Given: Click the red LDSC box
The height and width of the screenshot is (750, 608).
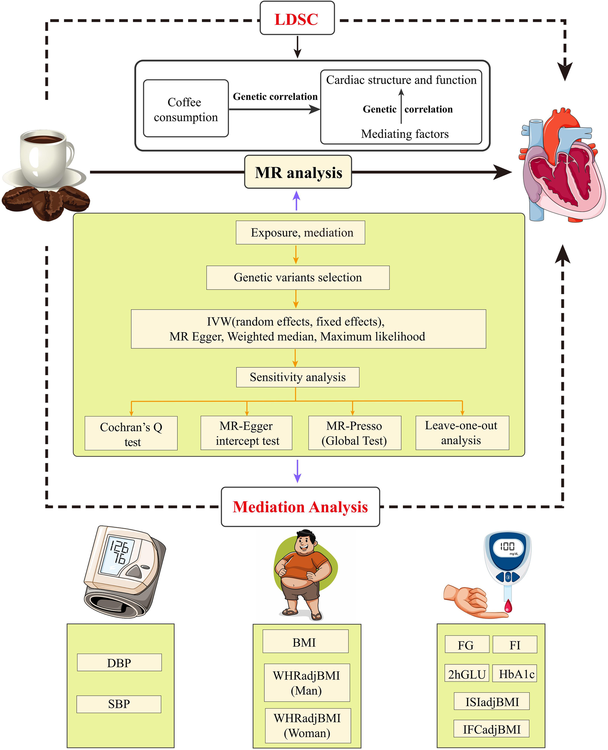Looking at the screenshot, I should [x=297, y=19].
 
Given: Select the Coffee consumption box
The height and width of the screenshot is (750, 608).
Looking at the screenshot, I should [x=186, y=109].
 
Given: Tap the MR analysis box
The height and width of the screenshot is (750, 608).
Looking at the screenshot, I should [x=298, y=172].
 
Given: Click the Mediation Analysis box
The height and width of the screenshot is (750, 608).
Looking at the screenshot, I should [x=300, y=507].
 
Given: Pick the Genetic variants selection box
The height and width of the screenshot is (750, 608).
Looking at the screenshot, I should [x=298, y=277].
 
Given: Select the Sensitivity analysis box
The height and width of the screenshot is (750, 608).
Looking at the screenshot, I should [x=298, y=377].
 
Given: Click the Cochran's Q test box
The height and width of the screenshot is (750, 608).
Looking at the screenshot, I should [x=131, y=433].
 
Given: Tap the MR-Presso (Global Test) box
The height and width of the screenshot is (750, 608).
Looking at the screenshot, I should [x=354, y=433].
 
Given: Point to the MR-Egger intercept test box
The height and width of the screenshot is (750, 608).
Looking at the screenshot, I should [x=246, y=433].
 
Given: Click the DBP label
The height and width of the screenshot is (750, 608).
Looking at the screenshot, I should [x=119, y=662].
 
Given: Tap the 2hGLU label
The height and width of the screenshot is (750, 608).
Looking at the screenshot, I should [x=467, y=674].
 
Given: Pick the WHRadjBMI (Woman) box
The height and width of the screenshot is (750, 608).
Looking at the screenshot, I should [x=307, y=726].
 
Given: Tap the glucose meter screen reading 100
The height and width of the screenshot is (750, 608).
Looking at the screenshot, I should [x=507, y=547].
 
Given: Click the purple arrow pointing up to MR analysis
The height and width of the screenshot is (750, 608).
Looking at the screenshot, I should [x=297, y=200].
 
